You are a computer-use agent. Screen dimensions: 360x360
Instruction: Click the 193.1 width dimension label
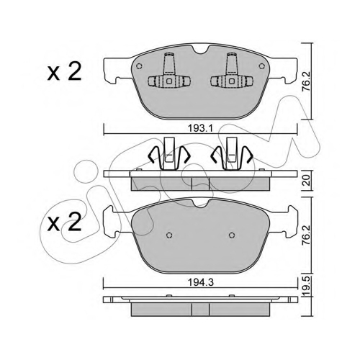point(200,129)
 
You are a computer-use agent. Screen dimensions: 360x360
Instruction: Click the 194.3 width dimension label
point(200,282)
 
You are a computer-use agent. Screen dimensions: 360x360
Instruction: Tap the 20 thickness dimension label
point(307,180)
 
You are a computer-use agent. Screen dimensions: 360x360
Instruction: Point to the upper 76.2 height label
point(307,81)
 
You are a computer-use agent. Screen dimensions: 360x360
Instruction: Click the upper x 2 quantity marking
point(64,71)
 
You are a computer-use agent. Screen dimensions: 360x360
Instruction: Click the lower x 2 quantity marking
point(64,222)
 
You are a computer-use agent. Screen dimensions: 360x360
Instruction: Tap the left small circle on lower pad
point(169,235)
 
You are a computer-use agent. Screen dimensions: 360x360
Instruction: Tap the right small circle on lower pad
point(232,235)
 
